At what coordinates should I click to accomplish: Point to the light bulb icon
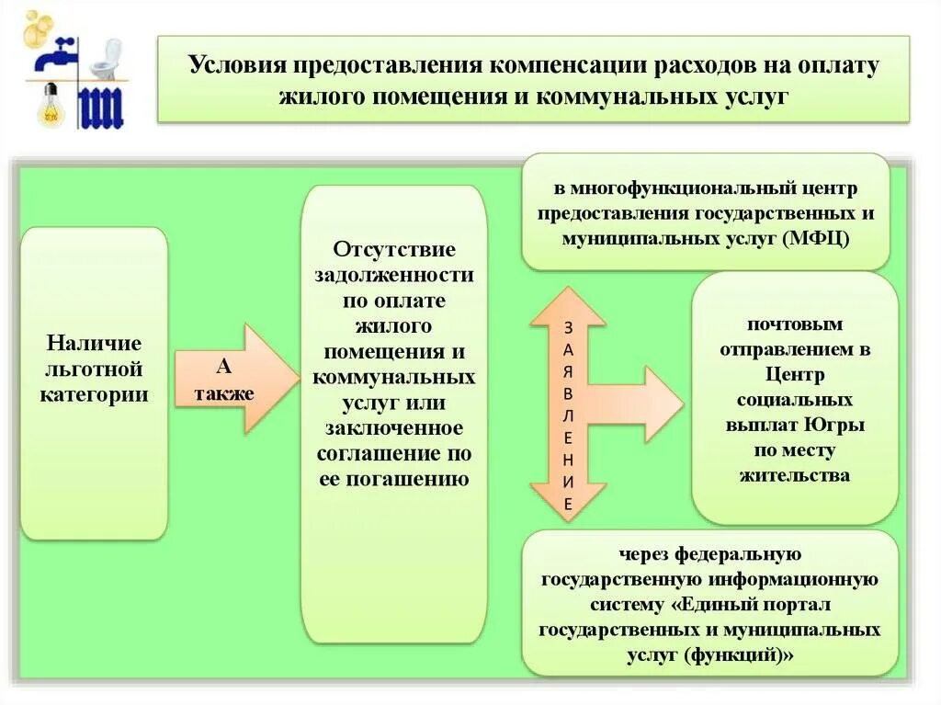point(47,105)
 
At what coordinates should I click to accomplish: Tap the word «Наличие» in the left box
point(95,343)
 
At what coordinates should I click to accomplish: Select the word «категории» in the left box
point(95,394)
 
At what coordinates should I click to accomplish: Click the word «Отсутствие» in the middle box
point(394,250)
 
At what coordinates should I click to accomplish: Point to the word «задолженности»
point(394,275)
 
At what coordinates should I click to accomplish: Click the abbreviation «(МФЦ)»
point(817,238)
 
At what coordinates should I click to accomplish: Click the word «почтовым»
point(795,324)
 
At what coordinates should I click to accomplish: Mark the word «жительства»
point(795,475)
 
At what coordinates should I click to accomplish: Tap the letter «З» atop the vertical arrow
point(568,326)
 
